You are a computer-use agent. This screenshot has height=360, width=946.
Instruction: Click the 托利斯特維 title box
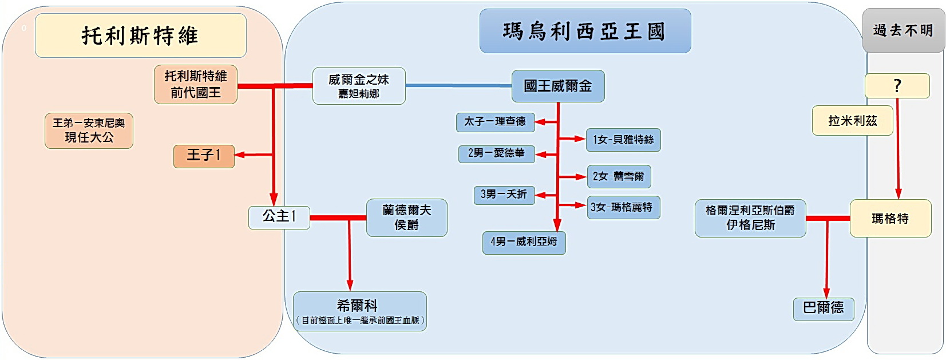pyautogui.click(x=140, y=35)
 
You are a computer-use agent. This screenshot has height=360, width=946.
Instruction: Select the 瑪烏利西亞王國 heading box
pyautogui.click(x=585, y=31)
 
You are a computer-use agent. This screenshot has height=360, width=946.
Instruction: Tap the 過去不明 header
pyautogui.click(x=903, y=30)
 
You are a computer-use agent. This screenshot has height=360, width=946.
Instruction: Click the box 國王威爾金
pyautogui.click(x=558, y=86)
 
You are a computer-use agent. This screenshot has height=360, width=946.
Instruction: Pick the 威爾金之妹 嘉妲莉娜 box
pyautogui.click(x=359, y=86)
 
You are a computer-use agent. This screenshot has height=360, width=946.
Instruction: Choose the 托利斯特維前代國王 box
pyautogui.click(x=196, y=84)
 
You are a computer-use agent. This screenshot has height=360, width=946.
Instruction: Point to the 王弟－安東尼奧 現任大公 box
pyautogui.click(x=89, y=130)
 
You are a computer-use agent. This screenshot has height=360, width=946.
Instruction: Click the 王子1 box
pyautogui.click(x=204, y=156)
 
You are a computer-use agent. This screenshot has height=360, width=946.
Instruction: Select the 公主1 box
pyautogui.click(x=279, y=217)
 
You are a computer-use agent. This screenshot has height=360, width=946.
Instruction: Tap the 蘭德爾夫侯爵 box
pyautogui.click(x=407, y=217)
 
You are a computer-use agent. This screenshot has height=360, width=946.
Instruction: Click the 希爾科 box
pyautogui.click(x=360, y=311)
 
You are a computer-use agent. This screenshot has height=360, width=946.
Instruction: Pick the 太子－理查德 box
pyautogui.click(x=495, y=122)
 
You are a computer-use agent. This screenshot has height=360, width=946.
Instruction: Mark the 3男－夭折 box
pyautogui.click(x=504, y=195)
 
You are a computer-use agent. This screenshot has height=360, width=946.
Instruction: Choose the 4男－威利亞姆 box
pyautogui.click(x=524, y=242)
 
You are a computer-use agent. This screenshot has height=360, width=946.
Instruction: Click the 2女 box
pyautogui.click(x=619, y=177)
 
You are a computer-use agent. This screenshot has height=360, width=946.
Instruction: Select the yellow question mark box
pyautogui.click(x=897, y=86)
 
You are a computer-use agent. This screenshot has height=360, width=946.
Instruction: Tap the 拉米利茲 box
pyautogui.click(x=852, y=121)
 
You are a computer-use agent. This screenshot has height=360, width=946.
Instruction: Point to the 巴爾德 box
pyautogui.click(x=824, y=308)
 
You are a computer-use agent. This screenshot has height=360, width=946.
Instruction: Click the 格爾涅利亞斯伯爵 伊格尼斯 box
pyautogui.click(x=750, y=218)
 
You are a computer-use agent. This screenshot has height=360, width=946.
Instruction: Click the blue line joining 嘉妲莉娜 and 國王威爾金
pyautogui.click(x=458, y=86)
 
